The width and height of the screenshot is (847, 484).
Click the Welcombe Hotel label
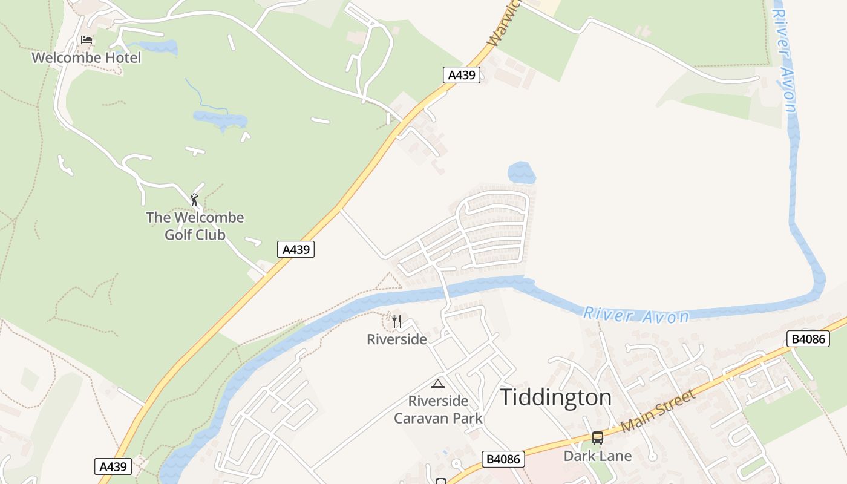tap(86, 58)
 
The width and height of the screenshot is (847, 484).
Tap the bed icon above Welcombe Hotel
tap(87, 41)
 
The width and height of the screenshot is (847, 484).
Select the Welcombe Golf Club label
tap(195, 226)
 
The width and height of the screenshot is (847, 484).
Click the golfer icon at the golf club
tap(194, 200)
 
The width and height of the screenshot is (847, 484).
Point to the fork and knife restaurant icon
tap(397, 321)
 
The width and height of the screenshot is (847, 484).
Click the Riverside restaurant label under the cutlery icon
tap(397, 339)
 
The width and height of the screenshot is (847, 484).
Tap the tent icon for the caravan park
tap(437, 384)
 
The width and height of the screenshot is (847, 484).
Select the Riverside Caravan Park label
tap(439, 410)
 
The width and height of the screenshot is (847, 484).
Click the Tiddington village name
tap(555, 397)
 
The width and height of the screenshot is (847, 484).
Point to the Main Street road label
tap(658, 411)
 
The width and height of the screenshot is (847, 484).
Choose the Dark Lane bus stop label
tap(598, 456)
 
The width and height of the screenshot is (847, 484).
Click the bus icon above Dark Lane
tap(598, 438)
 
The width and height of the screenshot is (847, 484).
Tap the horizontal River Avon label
tap(636, 315)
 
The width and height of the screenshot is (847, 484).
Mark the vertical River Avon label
tap(784, 57)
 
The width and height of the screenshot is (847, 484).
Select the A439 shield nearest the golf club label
tap(296, 249)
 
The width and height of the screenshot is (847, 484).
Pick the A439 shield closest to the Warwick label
tap(462, 75)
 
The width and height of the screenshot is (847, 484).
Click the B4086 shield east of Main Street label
tap(809, 339)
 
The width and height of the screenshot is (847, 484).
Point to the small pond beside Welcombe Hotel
tap(159, 47)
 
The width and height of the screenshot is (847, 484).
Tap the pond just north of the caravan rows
tap(522, 173)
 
